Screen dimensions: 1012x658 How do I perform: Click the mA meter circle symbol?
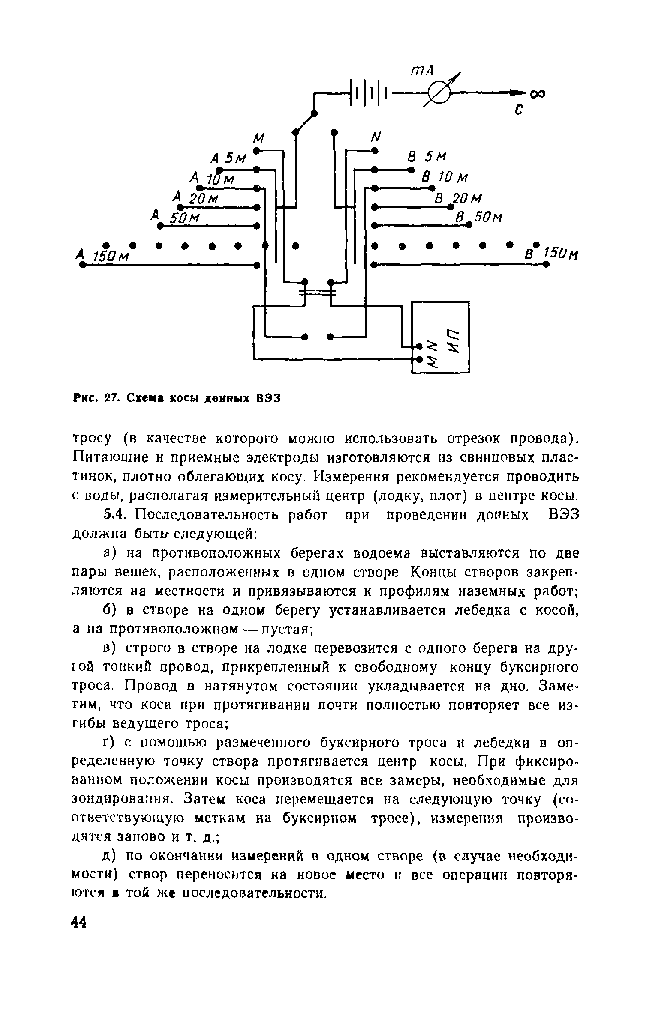[x=437, y=93]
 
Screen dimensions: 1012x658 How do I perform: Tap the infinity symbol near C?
[x=536, y=93]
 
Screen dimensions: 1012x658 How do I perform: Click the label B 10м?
[x=445, y=177]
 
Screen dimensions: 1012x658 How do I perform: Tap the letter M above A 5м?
[x=259, y=138]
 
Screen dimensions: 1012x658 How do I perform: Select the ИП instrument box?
[x=440, y=337]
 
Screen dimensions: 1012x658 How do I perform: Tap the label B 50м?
[x=478, y=218]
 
